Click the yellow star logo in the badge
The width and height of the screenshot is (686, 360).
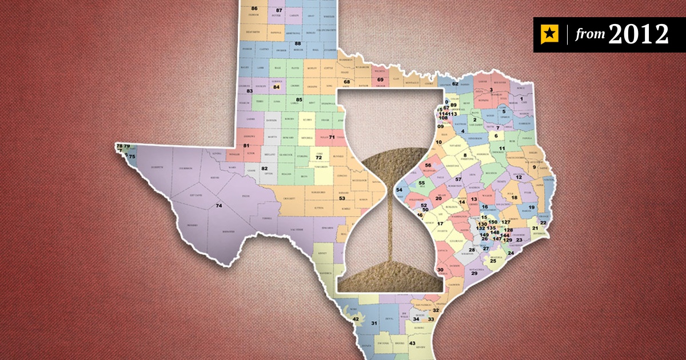tap(549, 35)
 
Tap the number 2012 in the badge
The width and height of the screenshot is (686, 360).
tap(638, 35)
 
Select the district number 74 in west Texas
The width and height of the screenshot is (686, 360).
tap(218, 205)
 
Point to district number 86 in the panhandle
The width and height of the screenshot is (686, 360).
tap(254, 8)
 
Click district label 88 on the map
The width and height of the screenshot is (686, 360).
tap(297, 43)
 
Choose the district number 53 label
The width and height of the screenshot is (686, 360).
tap(342, 198)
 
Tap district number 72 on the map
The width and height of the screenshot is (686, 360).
tap(319, 157)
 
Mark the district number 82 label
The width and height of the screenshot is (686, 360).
tap(265, 169)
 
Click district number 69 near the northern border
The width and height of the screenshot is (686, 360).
tap(380, 79)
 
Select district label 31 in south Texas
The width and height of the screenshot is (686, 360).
tap(374, 324)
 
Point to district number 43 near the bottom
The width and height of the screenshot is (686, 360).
tap(412, 343)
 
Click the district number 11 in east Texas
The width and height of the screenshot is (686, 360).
tap(501, 148)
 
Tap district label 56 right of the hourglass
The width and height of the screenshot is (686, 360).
tap(428, 165)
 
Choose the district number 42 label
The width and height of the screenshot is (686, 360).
tap(355, 319)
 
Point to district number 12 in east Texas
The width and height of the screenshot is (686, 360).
tap(519, 178)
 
